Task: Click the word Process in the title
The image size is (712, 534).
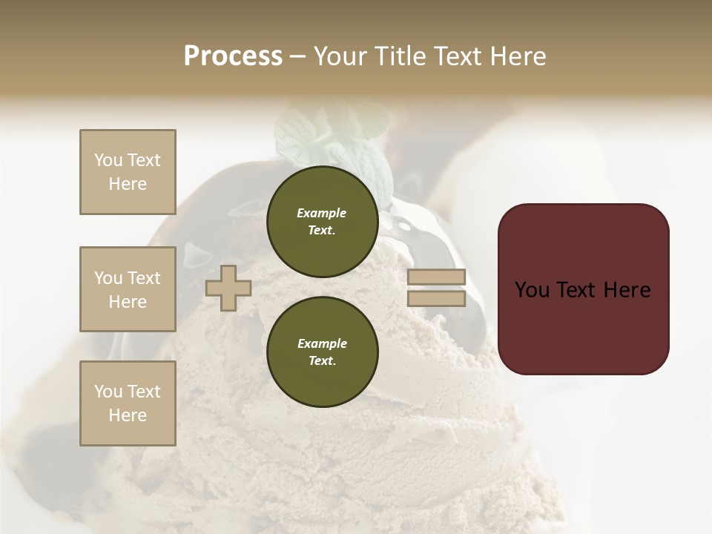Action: pyautogui.click(x=233, y=56)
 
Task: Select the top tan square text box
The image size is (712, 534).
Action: pyautogui.click(x=128, y=172)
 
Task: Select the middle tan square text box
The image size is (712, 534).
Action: pyautogui.click(x=128, y=289)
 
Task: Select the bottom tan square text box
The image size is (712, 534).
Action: pyautogui.click(x=128, y=403)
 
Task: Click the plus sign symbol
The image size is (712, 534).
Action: pyautogui.click(x=228, y=288)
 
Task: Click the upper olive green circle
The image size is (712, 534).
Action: pyautogui.click(x=322, y=222)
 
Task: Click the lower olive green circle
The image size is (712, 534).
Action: pyautogui.click(x=322, y=352)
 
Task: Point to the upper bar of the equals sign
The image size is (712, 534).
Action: pyautogui.click(x=436, y=277)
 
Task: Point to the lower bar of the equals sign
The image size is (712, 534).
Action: pyautogui.click(x=436, y=298)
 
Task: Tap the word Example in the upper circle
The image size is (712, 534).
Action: pyautogui.click(x=322, y=213)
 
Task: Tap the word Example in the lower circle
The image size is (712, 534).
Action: pyautogui.click(x=322, y=343)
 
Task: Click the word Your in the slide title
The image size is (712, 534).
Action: pyautogui.click(x=342, y=56)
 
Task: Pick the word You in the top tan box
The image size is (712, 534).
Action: pyautogui.click(x=108, y=160)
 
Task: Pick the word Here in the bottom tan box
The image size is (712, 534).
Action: pyautogui.click(x=128, y=415)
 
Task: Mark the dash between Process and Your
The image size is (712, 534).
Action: pyautogui.click(x=297, y=56)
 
